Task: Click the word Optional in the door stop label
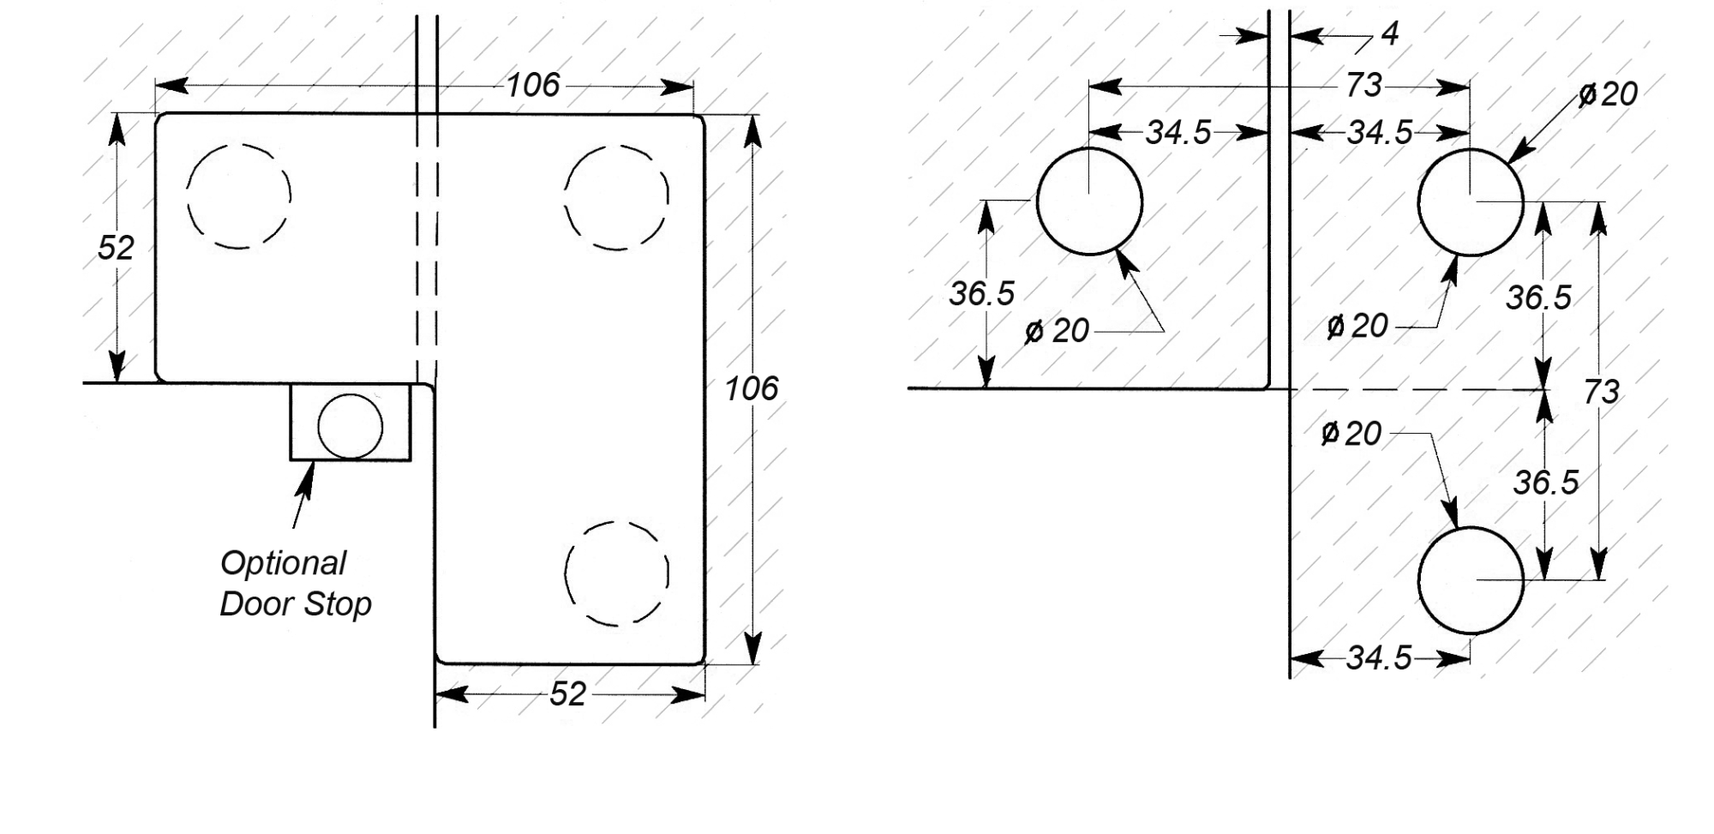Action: [x=283, y=563]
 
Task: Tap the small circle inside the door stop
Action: [x=350, y=426]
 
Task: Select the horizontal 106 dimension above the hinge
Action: [x=532, y=85]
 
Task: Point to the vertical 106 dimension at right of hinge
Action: [x=752, y=389]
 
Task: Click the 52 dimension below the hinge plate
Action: [x=567, y=694]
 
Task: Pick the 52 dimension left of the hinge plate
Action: [x=116, y=248]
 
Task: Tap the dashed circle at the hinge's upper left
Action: [x=239, y=196]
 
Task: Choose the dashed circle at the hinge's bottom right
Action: [x=616, y=573]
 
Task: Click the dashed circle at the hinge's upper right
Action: [x=616, y=197]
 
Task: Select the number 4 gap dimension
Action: [x=1390, y=33]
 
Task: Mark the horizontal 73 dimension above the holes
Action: [x=1363, y=85]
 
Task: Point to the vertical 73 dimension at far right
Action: [x=1601, y=392]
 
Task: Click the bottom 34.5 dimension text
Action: [x=1378, y=658]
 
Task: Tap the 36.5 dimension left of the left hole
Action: [x=981, y=294]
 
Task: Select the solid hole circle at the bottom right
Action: [x=1471, y=580]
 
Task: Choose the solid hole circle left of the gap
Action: [x=1089, y=201]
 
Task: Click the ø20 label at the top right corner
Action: [x=1608, y=93]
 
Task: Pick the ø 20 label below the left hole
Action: [x=1057, y=331]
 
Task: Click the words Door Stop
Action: [x=296, y=604]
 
